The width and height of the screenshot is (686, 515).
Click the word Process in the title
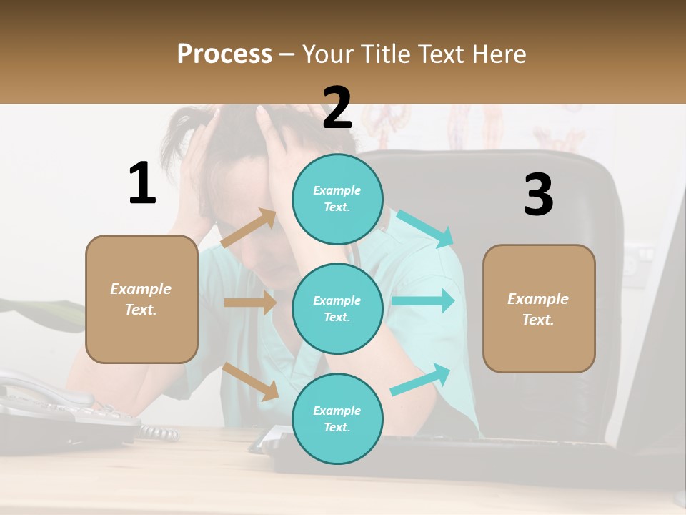224,54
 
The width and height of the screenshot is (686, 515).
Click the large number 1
142,183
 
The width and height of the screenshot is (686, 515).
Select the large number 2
337,107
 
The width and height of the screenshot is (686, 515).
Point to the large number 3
538,195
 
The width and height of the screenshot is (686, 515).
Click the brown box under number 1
141,299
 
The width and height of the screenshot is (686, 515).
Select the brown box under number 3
539,308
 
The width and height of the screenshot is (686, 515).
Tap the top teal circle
337,199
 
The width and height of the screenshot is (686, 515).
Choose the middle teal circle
337,308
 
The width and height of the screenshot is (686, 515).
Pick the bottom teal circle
337,418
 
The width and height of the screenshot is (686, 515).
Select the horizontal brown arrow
250,303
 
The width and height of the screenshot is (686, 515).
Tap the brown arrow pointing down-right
251,381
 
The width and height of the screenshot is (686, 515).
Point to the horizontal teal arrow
423,300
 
